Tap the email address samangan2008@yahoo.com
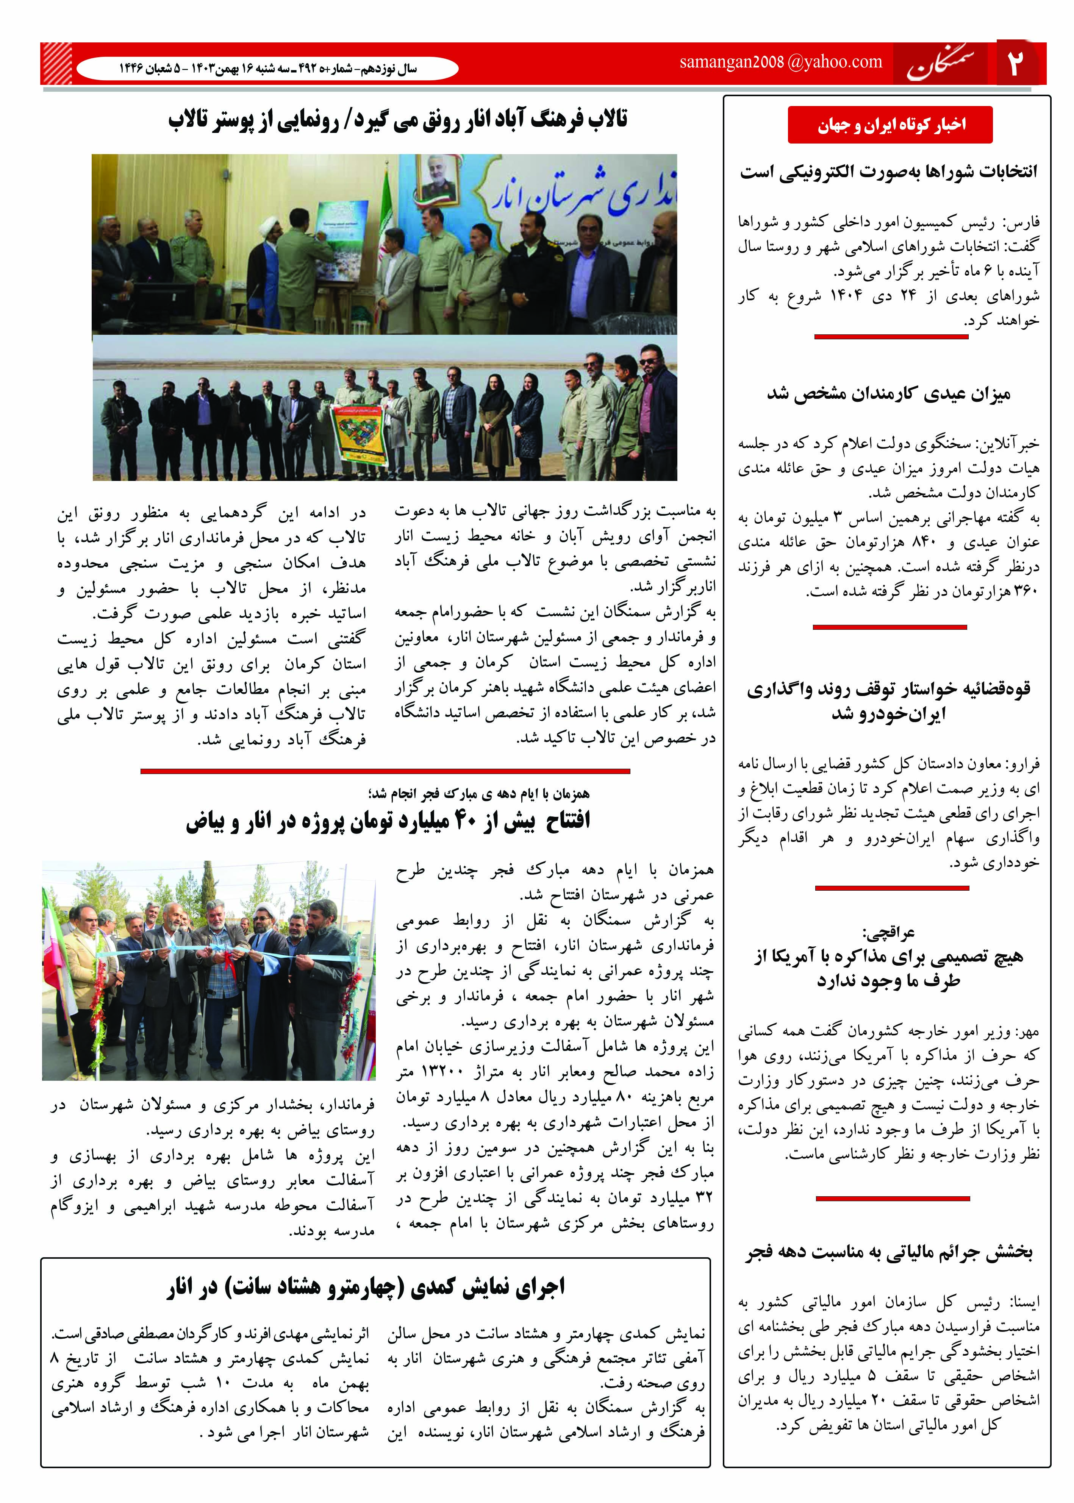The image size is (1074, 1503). coord(780,62)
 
